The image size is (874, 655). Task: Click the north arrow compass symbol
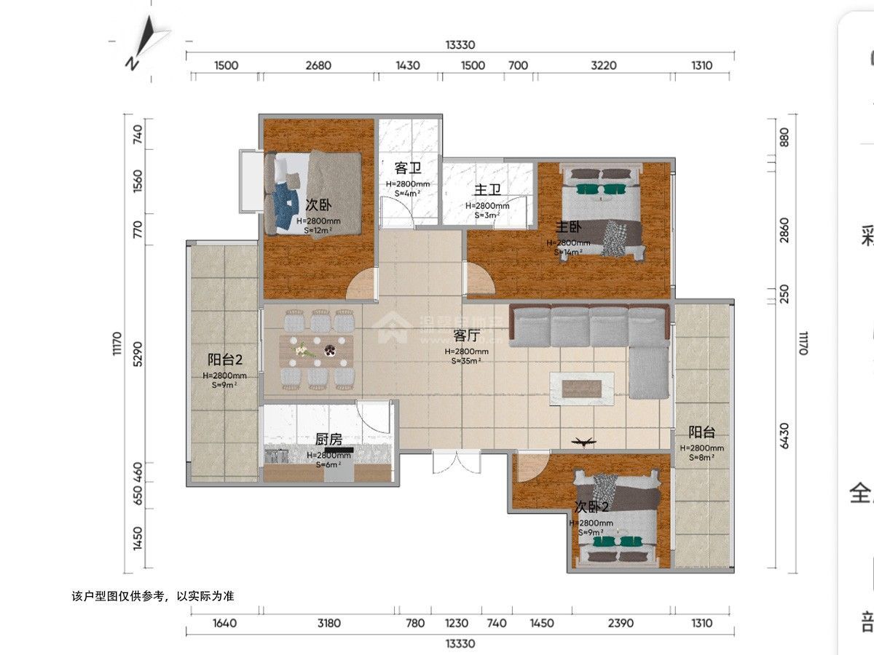pyautogui.click(x=147, y=42)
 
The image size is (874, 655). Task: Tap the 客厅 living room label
pyautogui.click(x=467, y=336)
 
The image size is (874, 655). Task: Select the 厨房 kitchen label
pyautogui.click(x=328, y=440)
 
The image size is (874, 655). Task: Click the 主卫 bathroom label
pyautogui.click(x=487, y=190)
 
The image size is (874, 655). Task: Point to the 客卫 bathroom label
pyautogui.click(x=408, y=169)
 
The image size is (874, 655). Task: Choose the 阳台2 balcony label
pyautogui.click(x=224, y=360)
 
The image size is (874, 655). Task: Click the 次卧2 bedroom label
pyautogui.click(x=591, y=507)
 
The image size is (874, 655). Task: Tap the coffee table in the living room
pyautogui.click(x=581, y=388)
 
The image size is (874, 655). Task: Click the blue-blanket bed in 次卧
pyautogui.click(x=312, y=194)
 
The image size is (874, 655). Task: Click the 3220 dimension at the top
pyautogui.click(x=603, y=65)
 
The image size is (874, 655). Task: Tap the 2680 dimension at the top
pyautogui.click(x=318, y=65)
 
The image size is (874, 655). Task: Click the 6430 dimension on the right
pyautogui.click(x=784, y=436)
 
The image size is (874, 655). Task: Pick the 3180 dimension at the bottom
pyautogui.click(x=329, y=623)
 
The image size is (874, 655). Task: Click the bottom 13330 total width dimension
pyautogui.click(x=460, y=643)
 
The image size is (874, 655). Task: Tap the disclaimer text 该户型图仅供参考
pyautogui.click(x=153, y=596)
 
